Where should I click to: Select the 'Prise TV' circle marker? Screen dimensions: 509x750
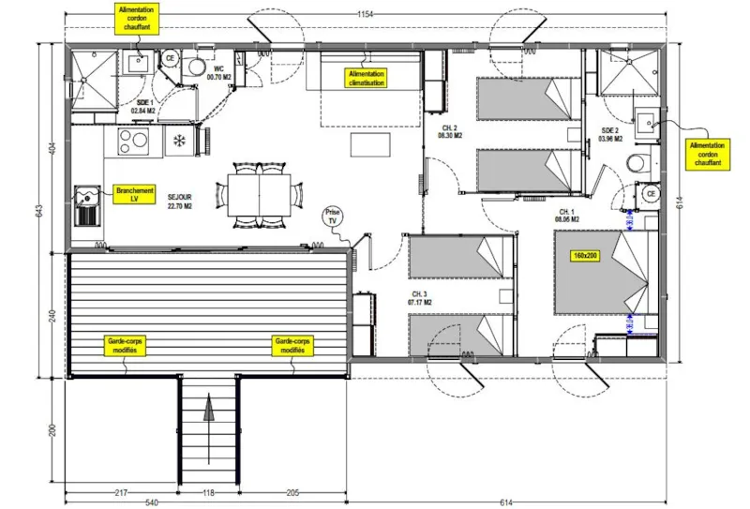331,216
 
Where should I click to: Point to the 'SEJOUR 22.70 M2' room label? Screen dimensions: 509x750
179,201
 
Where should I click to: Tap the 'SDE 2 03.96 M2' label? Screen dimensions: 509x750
610,135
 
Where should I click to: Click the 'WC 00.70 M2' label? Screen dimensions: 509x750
218,72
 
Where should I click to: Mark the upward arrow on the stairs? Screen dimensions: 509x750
209,413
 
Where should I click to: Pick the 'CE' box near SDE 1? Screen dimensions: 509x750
170,58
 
